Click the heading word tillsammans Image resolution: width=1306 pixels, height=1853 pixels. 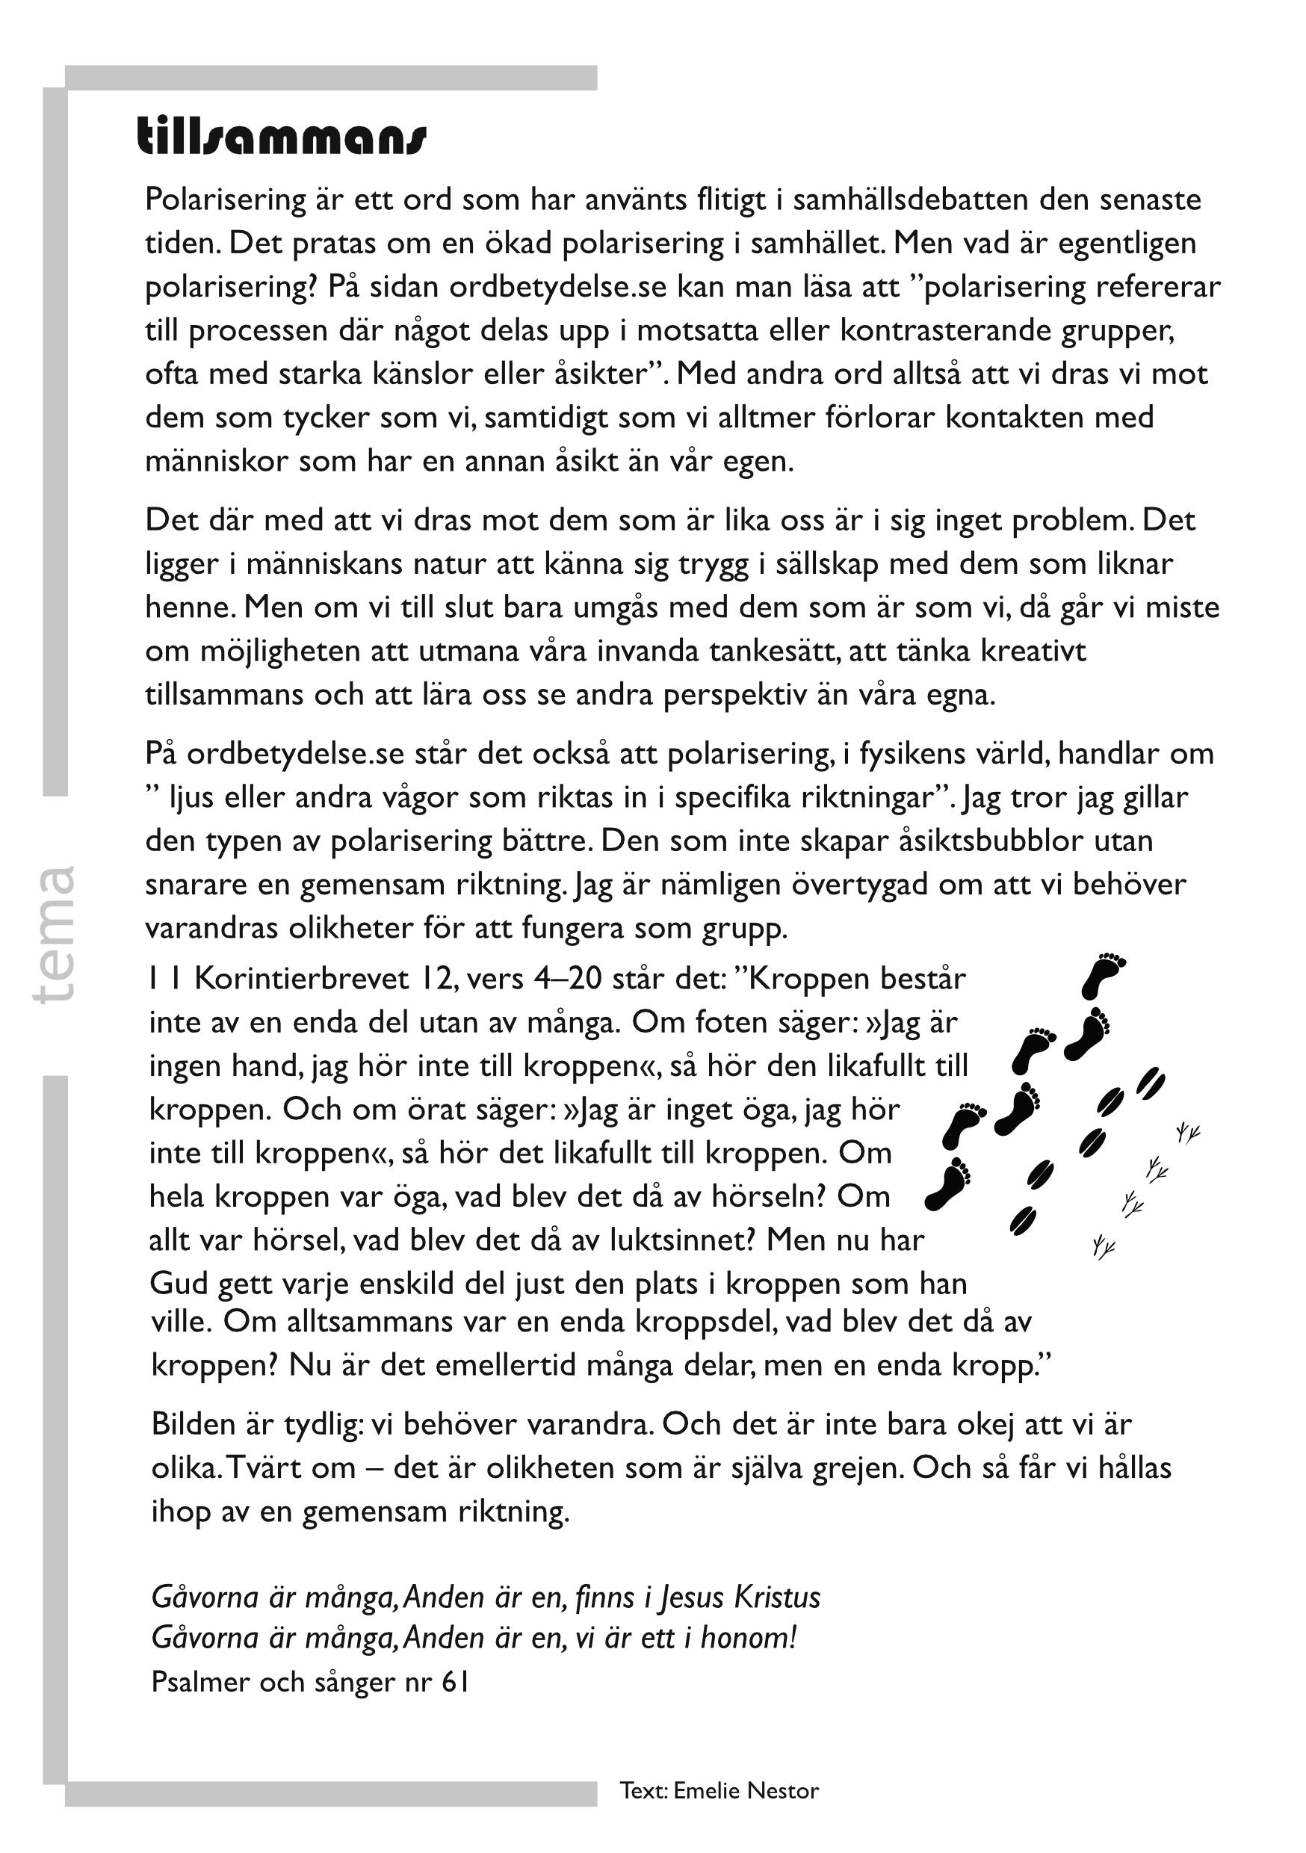point(281,137)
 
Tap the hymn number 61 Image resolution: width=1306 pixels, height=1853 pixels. point(455,1681)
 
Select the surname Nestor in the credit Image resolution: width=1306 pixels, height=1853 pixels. point(782,1790)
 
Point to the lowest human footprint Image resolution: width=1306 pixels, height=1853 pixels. point(947,1184)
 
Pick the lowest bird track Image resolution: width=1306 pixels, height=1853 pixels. point(1103,1248)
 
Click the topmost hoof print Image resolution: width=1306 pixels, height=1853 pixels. point(1151,1080)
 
